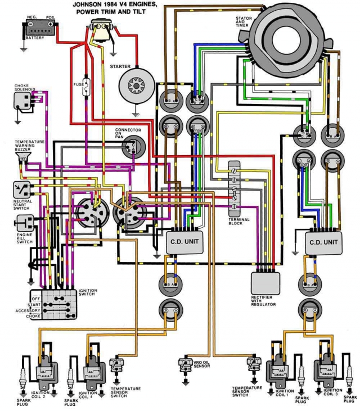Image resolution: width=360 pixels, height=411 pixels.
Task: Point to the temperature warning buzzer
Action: pos(22,157)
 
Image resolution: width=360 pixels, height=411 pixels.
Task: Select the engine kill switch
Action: pos(23,222)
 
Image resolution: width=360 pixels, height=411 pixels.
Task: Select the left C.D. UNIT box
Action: pos(184,241)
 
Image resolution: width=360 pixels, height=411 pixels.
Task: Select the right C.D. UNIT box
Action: pos(323,242)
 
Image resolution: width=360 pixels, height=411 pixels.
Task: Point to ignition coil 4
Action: pos(91,372)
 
